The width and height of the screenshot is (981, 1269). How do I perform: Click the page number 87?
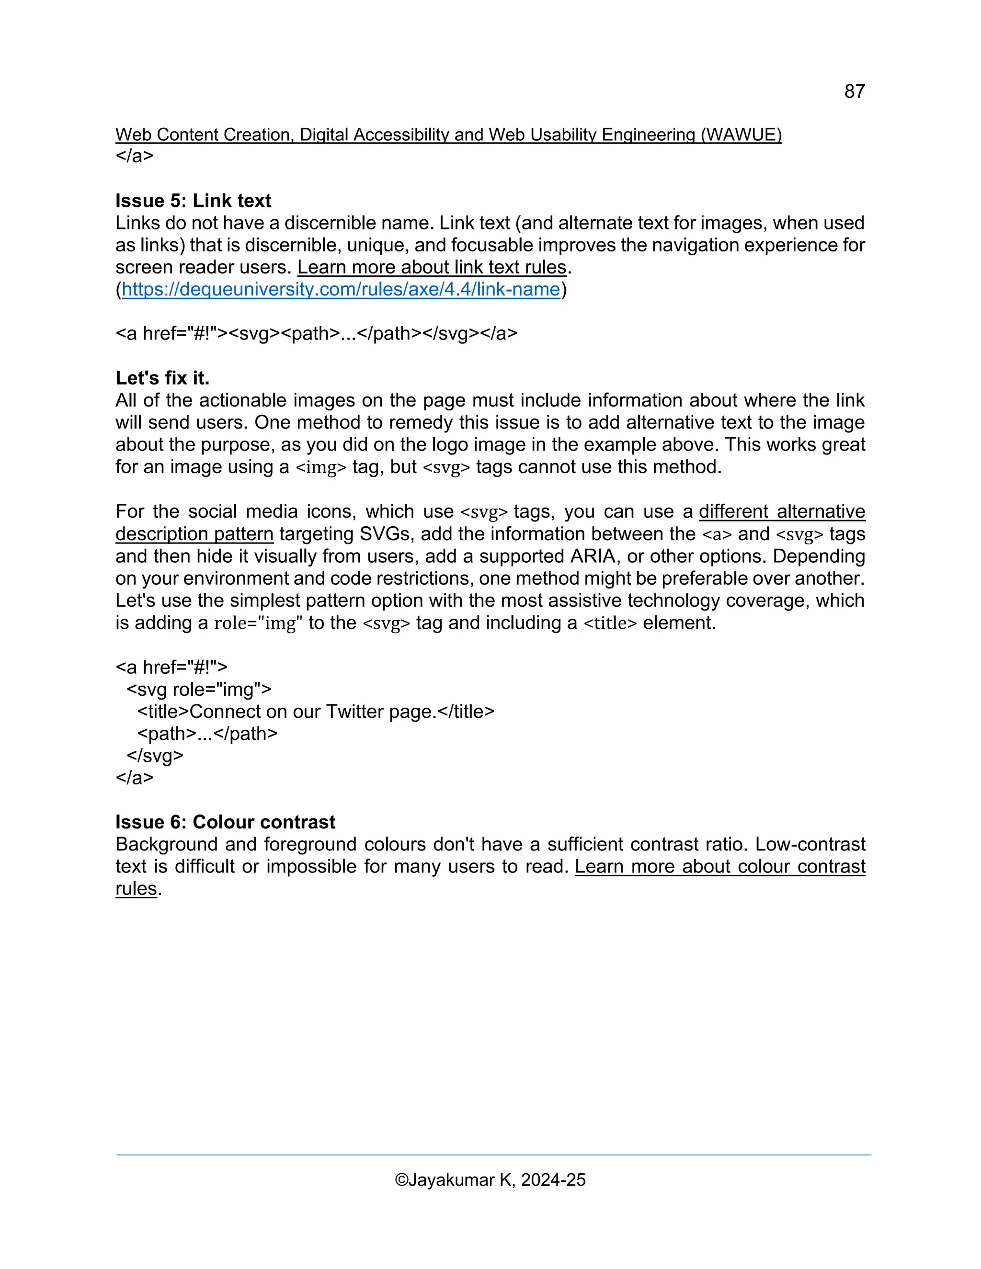[855, 91]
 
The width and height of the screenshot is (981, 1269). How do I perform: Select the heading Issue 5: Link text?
[193, 201]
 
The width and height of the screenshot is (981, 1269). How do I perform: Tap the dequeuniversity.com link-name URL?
[341, 289]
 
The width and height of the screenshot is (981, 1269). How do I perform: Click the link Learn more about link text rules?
[432, 267]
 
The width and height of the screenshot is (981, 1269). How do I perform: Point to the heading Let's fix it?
[162, 378]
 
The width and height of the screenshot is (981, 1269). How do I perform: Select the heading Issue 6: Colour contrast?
[225, 822]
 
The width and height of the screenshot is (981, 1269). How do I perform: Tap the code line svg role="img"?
[199, 689]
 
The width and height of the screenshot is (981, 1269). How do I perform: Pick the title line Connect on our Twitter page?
[316, 711]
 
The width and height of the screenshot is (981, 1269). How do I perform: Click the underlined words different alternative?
[782, 511]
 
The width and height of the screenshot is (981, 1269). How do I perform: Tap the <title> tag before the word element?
[610, 623]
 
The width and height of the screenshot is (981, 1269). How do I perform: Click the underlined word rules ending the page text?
[136, 888]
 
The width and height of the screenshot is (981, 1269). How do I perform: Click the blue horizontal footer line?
[493, 1155]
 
